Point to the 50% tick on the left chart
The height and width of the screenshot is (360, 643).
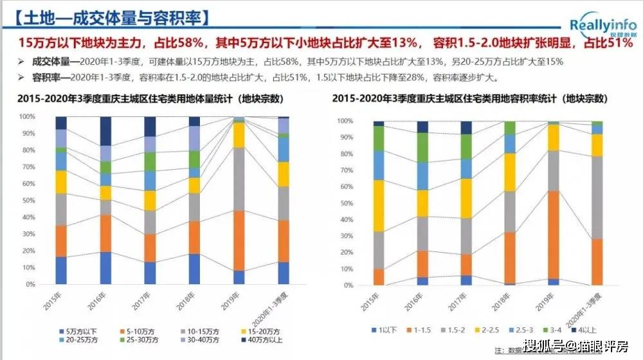(x=28, y=201)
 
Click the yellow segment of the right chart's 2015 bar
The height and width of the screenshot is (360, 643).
(x=379, y=206)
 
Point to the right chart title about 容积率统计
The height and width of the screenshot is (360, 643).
(x=470, y=99)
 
